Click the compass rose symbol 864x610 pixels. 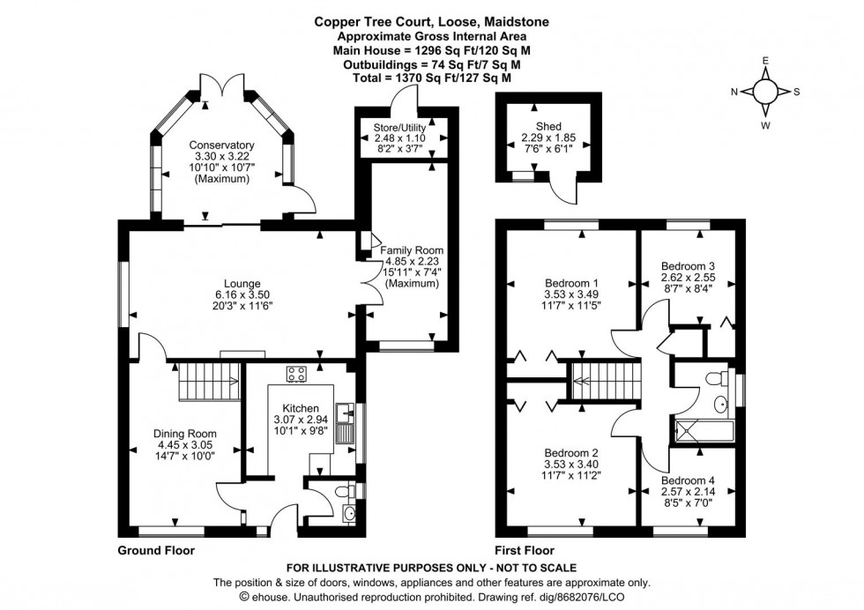click(x=764, y=92)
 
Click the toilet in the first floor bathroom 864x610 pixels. click(x=720, y=378)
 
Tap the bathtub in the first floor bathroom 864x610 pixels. click(x=704, y=431)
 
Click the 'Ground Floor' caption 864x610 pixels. click(x=156, y=550)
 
